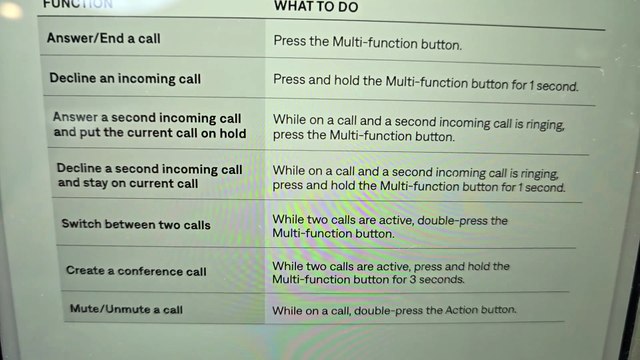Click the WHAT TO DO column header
316,7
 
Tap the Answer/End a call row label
104,38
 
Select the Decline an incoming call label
125,78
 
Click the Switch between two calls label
136,224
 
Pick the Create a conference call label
136,271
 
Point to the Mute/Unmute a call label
126,309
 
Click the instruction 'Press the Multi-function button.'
367,42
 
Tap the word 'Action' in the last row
461,310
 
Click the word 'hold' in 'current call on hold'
231,133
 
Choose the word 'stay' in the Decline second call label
96,183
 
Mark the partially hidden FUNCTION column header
78,4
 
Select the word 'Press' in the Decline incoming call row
289,79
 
